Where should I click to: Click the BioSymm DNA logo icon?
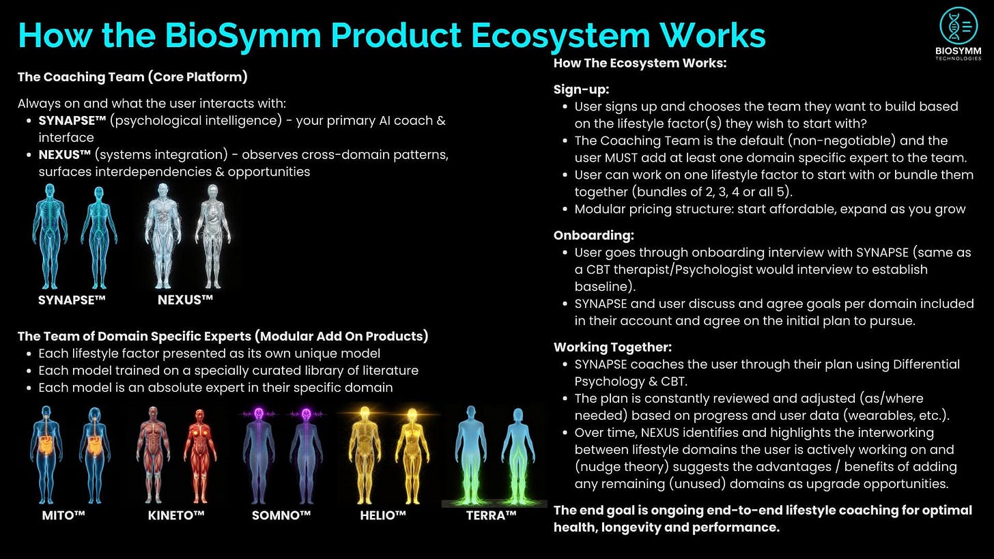coord(958,26)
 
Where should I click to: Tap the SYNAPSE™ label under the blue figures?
coord(72,300)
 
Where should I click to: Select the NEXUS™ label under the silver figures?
coord(186,300)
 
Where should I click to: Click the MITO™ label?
coord(63,515)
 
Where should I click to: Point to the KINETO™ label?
coord(176,515)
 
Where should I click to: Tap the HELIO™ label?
coord(383,515)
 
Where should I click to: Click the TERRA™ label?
coord(491,515)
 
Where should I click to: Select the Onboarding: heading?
coord(593,235)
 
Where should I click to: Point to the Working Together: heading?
coord(612,347)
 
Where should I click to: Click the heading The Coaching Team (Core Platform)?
coord(132,77)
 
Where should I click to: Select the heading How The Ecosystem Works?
coord(640,63)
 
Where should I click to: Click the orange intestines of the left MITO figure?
coord(46,447)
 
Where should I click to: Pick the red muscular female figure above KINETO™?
coord(200,454)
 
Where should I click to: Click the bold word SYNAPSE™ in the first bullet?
coord(72,121)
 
